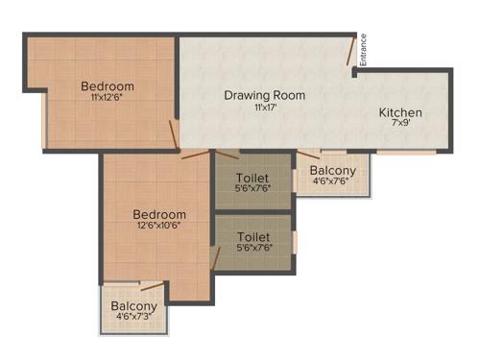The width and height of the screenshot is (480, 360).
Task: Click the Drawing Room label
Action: pos(265,95)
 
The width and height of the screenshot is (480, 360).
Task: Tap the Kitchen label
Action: pos(399,113)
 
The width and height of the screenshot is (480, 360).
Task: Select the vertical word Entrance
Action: pos(363,50)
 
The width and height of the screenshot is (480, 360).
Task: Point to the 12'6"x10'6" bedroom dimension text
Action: pos(159,225)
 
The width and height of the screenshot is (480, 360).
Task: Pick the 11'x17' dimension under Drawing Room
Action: pos(265,108)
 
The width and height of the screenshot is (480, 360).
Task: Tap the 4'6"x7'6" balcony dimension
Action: pos(333,180)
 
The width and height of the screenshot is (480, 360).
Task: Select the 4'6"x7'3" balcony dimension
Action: pos(135,314)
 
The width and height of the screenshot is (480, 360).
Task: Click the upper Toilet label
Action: pos(252,178)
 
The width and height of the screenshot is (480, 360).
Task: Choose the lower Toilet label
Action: pos(252,236)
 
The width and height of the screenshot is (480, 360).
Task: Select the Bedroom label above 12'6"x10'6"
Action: pos(159,213)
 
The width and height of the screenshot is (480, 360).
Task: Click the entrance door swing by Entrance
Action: pos(352,53)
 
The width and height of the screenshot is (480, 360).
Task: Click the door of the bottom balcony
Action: pos(152,285)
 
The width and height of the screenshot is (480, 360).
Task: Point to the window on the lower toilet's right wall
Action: pos(296,242)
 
